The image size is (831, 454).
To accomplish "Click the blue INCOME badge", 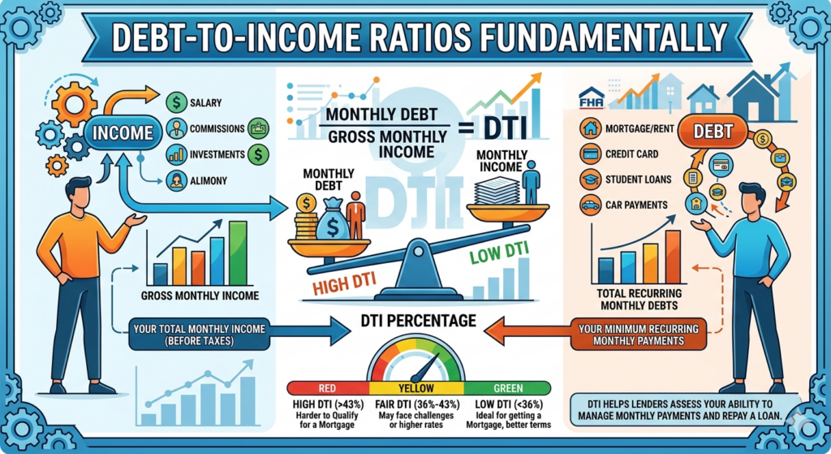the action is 123,132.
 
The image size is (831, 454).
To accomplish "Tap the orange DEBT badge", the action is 713,132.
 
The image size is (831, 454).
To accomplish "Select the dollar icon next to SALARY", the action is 176,102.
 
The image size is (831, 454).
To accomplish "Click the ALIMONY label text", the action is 209,181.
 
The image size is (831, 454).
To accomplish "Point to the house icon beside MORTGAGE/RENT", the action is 590,128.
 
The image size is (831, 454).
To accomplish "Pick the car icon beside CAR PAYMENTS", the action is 590,205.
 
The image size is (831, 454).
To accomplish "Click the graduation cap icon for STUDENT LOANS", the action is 590,179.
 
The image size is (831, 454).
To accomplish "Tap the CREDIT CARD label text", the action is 631,154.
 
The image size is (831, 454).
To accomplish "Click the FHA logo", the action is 592,98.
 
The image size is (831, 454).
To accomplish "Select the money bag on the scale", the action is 332,218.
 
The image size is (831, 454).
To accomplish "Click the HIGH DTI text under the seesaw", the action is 344,283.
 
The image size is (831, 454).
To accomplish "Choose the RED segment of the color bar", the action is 328,387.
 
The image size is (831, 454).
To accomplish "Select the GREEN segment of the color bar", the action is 508,387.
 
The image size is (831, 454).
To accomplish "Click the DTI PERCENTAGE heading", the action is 418,321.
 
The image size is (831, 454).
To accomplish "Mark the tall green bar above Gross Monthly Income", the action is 238,253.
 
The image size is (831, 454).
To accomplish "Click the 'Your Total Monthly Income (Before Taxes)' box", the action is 200,335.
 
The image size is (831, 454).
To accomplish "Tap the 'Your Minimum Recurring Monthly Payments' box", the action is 639,335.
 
